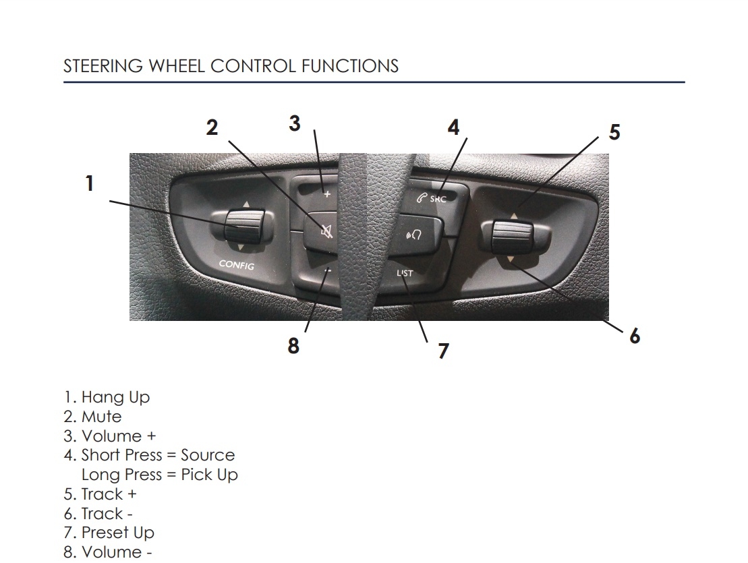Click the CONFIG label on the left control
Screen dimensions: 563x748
(236, 264)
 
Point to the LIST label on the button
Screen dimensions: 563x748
(405, 273)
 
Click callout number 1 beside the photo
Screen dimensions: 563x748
(89, 183)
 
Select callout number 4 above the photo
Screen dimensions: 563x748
(454, 127)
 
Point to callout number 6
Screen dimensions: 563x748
(635, 335)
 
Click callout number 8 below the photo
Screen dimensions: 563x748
(293, 346)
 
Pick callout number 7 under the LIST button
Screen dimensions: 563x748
(443, 351)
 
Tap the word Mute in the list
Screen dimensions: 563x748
(102, 417)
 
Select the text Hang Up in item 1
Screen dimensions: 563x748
(115, 397)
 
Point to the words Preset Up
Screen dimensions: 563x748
(117, 533)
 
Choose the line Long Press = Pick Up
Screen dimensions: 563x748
(159, 475)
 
